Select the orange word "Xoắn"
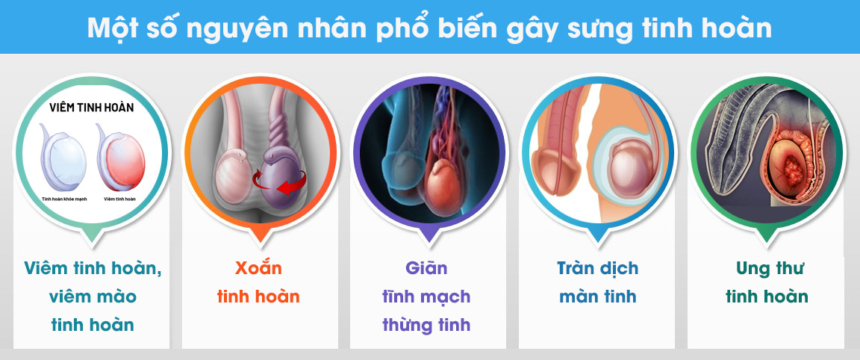click(258, 267)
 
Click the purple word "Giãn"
click(426, 267)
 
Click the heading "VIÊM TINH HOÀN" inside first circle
click(92, 108)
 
